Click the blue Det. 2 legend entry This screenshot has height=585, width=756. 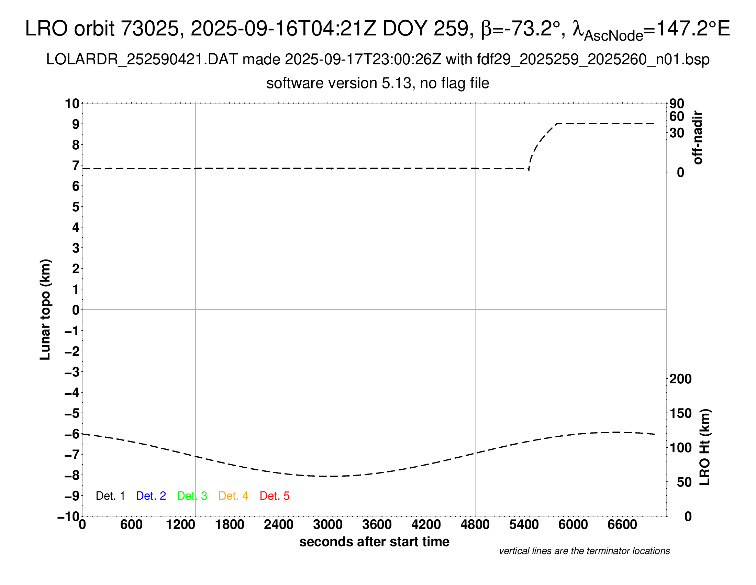click(x=151, y=496)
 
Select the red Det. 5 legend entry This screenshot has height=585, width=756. click(x=275, y=496)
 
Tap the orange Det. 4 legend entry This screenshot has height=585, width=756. click(x=233, y=496)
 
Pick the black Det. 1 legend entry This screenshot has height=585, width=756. click(x=110, y=496)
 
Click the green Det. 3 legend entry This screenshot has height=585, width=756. click(x=192, y=496)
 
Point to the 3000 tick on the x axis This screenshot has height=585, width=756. click(x=328, y=525)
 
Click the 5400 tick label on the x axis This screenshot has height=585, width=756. click(x=524, y=525)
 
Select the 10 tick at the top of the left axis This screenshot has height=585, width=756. click(x=73, y=103)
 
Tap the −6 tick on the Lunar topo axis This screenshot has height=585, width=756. click(x=72, y=434)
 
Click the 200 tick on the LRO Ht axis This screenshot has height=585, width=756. click(x=680, y=379)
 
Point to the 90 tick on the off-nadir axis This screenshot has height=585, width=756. click(x=677, y=103)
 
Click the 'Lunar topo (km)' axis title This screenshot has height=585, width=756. click(x=45, y=309)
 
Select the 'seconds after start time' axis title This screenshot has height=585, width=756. click(x=374, y=542)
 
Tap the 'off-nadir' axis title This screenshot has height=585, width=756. click(x=698, y=138)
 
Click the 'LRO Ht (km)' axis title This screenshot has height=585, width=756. click(x=705, y=447)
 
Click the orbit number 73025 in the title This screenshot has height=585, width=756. click(x=152, y=29)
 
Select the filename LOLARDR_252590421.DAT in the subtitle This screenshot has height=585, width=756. click(x=142, y=60)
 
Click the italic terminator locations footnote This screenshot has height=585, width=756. click(x=584, y=551)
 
